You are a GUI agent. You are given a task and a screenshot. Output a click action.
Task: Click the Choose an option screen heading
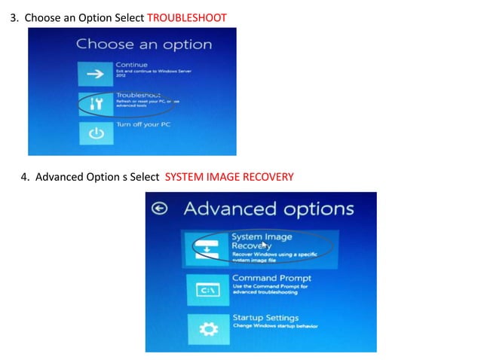click(x=143, y=44)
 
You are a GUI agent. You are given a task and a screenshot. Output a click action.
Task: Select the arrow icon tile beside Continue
click(x=95, y=75)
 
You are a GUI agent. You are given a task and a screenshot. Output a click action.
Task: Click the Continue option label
click(x=132, y=65)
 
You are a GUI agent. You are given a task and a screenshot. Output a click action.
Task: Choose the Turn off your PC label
click(x=143, y=124)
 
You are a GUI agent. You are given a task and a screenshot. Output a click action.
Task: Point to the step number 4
click(x=24, y=178)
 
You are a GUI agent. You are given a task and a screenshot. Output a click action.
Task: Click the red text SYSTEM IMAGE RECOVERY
click(x=228, y=178)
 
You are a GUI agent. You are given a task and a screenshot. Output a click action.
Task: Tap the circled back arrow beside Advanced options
click(x=159, y=209)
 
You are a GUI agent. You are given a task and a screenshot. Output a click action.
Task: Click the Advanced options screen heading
click(x=268, y=209)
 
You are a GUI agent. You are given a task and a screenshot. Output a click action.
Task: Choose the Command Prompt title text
click(x=271, y=278)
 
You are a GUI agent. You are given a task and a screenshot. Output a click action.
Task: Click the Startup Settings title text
click(x=265, y=318)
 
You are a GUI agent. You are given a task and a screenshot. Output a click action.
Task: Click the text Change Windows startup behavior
click(x=275, y=326)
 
